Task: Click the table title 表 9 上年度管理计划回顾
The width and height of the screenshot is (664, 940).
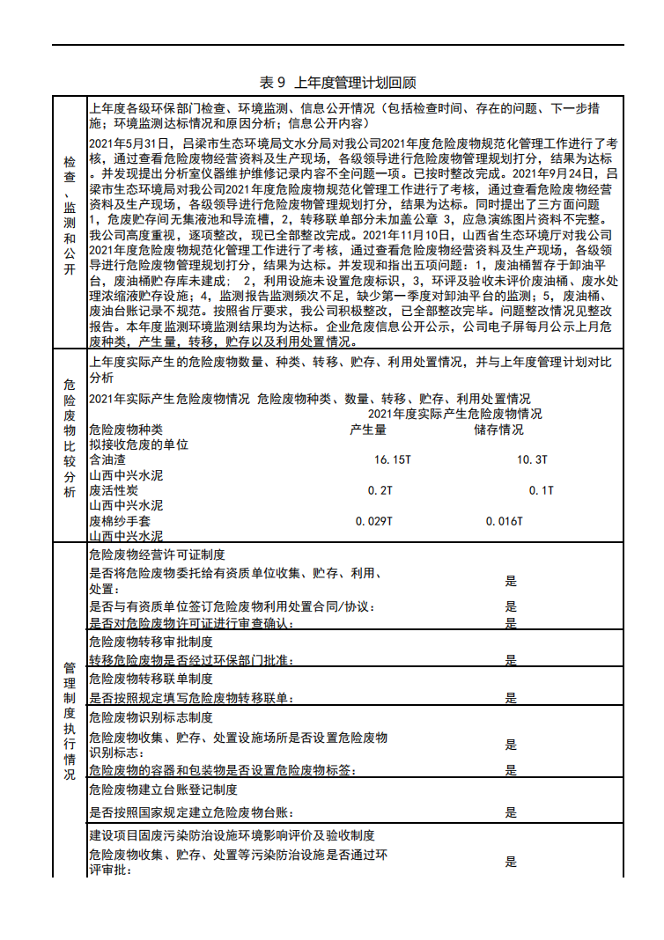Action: click(x=338, y=82)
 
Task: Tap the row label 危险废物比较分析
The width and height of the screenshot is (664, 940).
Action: click(x=70, y=437)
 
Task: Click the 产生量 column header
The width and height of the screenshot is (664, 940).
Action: click(x=368, y=430)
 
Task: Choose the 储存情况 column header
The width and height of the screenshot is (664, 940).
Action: click(x=498, y=430)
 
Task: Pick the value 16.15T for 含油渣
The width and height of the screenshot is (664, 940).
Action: click(x=393, y=459)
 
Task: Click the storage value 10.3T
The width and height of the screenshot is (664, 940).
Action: click(x=532, y=459)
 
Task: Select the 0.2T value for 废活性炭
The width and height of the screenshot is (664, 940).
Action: click(x=380, y=490)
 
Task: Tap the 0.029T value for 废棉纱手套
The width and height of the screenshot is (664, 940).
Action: click(x=374, y=521)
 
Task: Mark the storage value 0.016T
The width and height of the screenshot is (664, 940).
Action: click(x=505, y=521)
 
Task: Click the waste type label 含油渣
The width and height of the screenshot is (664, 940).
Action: click(x=107, y=459)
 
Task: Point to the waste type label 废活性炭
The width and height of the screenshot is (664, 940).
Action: click(x=114, y=490)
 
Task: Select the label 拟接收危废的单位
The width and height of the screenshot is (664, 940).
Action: click(x=138, y=444)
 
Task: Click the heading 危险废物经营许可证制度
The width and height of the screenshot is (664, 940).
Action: click(x=157, y=554)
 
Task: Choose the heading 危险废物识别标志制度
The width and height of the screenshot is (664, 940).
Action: click(x=151, y=717)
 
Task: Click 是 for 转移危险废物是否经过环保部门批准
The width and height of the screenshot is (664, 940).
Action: click(x=511, y=659)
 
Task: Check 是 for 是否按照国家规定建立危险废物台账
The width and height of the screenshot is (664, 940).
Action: click(x=511, y=812)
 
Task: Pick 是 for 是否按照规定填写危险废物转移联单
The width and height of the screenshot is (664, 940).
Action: click(x=511, y=698)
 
